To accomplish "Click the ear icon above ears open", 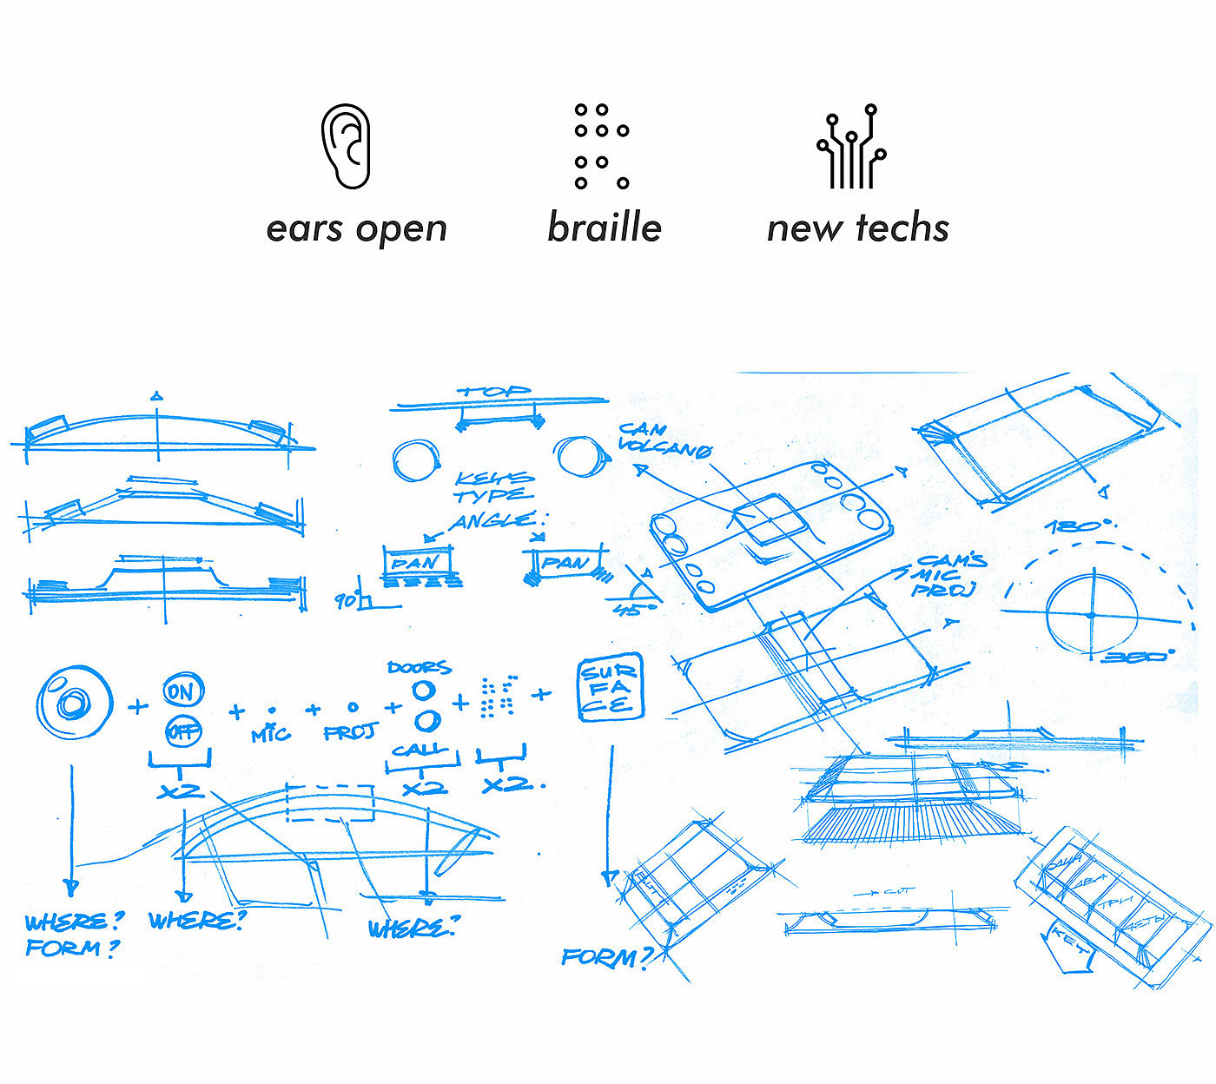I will click(x=346, y=146).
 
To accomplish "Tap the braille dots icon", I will click(x=601, y=146).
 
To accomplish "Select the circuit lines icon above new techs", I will click(x=851, y=147).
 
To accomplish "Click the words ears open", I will click(x=356, y=228).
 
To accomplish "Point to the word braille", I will click(x=605, y=228).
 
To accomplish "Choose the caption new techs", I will click(x=858, y=228).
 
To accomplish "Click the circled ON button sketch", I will click(x=182, y=691).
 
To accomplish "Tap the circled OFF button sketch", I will click(x=182, y=730).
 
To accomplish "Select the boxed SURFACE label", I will click(x=611, y=687).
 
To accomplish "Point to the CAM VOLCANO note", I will click(x=664, y=440).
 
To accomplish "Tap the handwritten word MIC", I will click(x=271, y=735).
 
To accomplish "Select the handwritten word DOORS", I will click(x=420, y=667).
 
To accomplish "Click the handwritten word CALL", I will click(x=421, y=749).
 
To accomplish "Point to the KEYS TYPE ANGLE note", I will click(x=495, y=499).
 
